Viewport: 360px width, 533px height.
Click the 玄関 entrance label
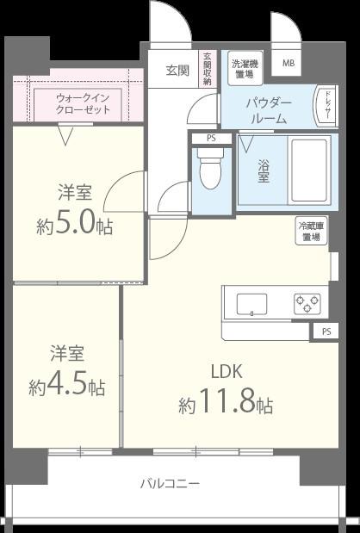click(x=177, y=71)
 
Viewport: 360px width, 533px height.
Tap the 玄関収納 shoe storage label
click(x=208, y=68)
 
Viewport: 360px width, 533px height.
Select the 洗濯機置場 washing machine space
click(x=245, y=68)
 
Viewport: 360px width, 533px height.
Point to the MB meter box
click(x=289, y=63)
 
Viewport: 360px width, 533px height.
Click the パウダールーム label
click(x=270, y=111)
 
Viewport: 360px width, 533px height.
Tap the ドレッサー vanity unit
click(x=326, y=106)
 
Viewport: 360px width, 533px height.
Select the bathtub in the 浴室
click(x=310, y=170)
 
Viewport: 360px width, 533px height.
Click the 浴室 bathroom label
click(x=263, y=171)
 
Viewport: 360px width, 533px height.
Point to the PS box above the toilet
click(x=211, y=139)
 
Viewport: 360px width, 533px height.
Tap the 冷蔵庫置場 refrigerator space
click(x=312, y=231)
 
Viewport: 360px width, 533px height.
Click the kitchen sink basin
click(x=251, y=304)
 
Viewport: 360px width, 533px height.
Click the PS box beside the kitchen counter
click(x=326, y=332)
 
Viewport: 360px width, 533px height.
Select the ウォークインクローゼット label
click(x=83, y=104)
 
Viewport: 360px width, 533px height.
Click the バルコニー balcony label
click(x=170, y=483)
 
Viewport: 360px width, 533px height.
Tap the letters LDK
click(x=227, y=371)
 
